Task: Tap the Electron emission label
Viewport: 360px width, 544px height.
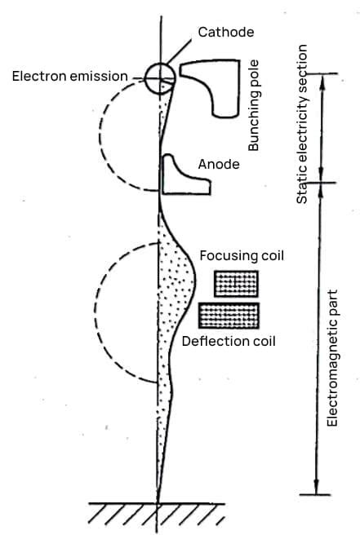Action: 70,77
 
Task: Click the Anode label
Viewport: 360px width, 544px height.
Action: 219,165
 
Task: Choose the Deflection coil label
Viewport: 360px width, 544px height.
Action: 229,340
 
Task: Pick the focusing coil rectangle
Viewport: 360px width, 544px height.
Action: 235,283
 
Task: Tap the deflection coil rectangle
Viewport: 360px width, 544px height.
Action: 229,315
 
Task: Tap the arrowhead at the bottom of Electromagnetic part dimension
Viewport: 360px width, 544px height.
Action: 314,489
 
